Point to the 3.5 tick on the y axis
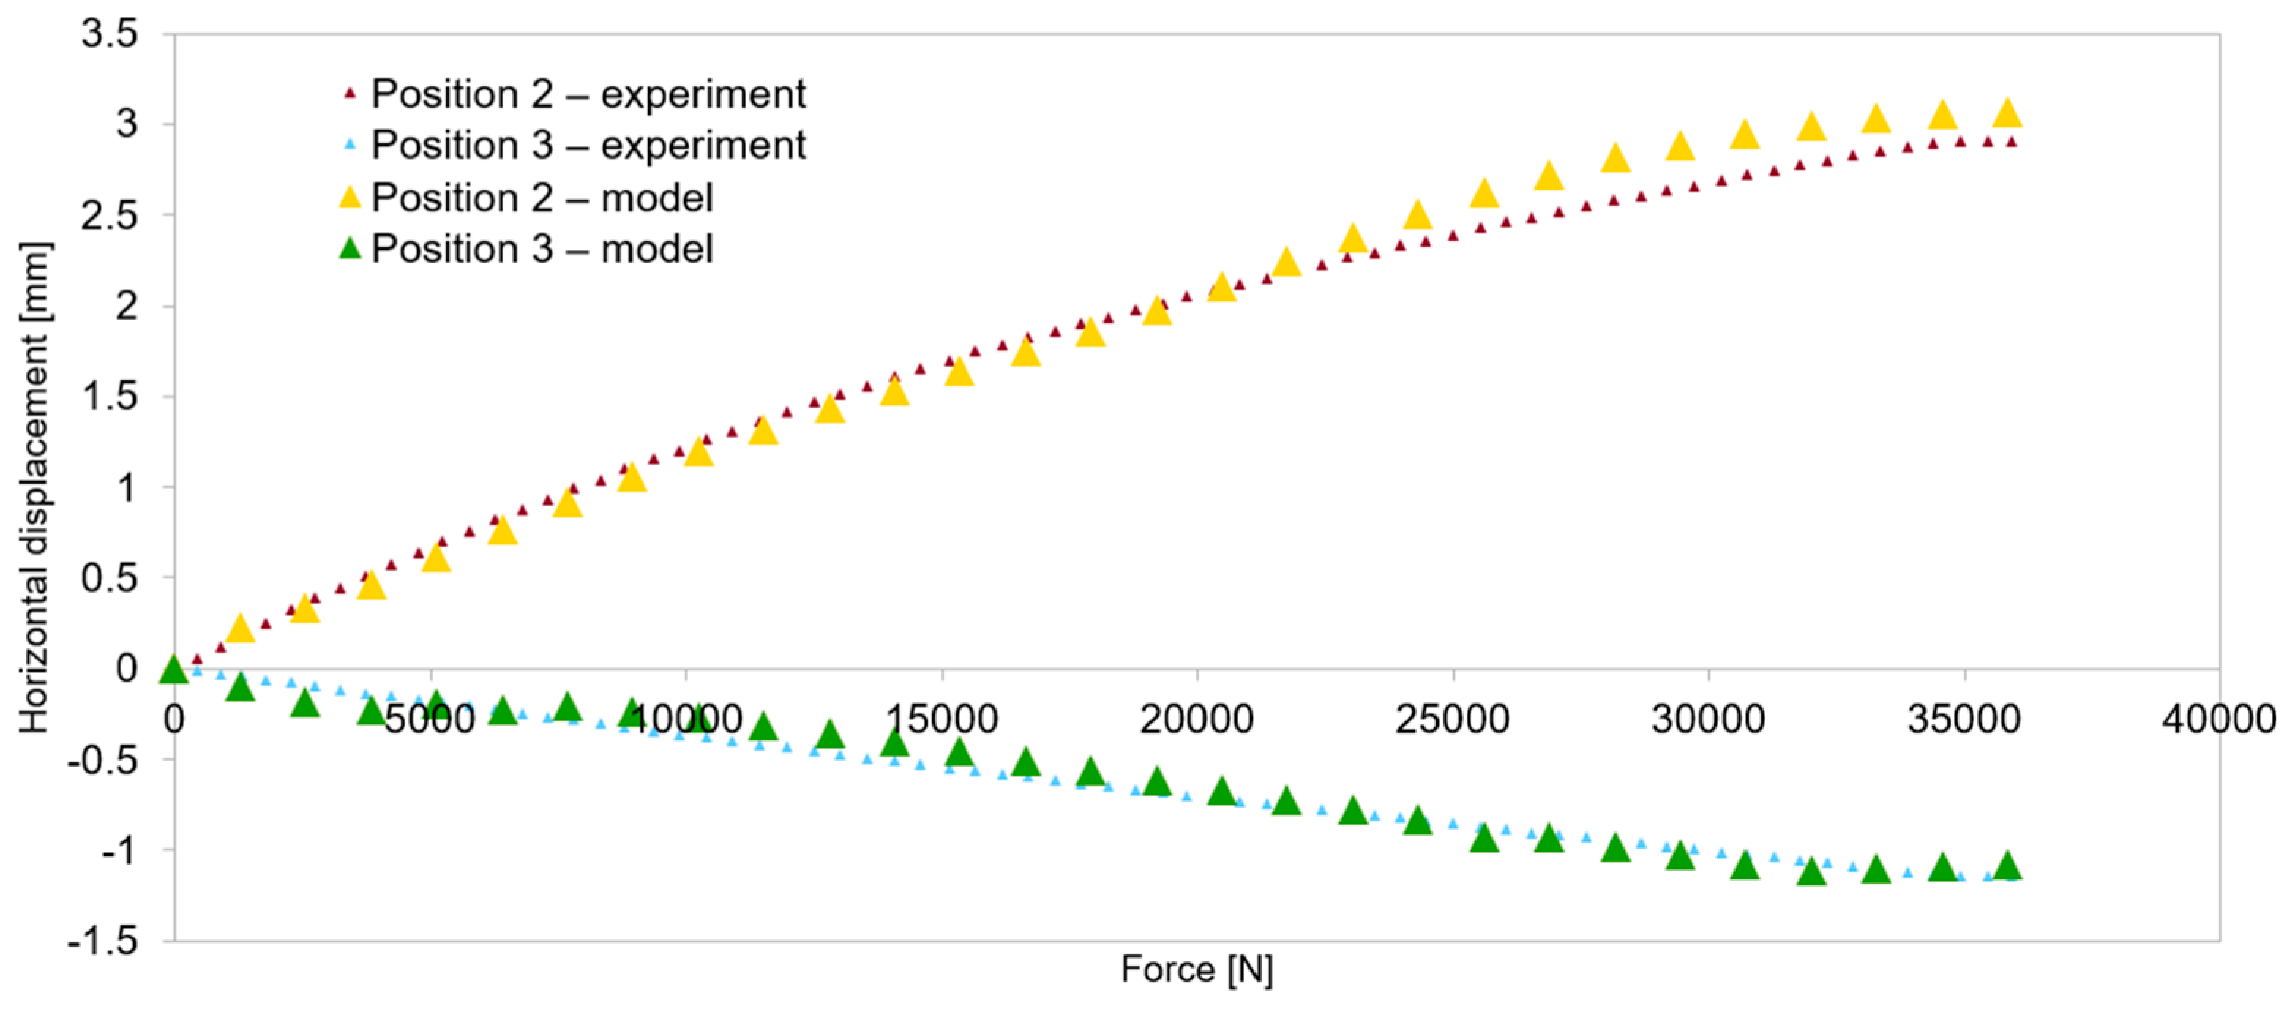pos(110,34)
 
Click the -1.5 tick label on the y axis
pos(103,941)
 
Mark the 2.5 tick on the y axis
pos(110,216)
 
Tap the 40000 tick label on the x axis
pos(2217,719)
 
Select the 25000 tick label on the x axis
pos(1452,719)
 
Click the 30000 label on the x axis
pos(1708,719)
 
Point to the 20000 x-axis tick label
pos(1197,719)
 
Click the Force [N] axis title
pos(1197,969)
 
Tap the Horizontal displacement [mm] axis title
pos(36,488)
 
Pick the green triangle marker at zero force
pos(175,669)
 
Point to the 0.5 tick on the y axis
pos(110,579)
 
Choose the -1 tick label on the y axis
pos(119,850)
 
